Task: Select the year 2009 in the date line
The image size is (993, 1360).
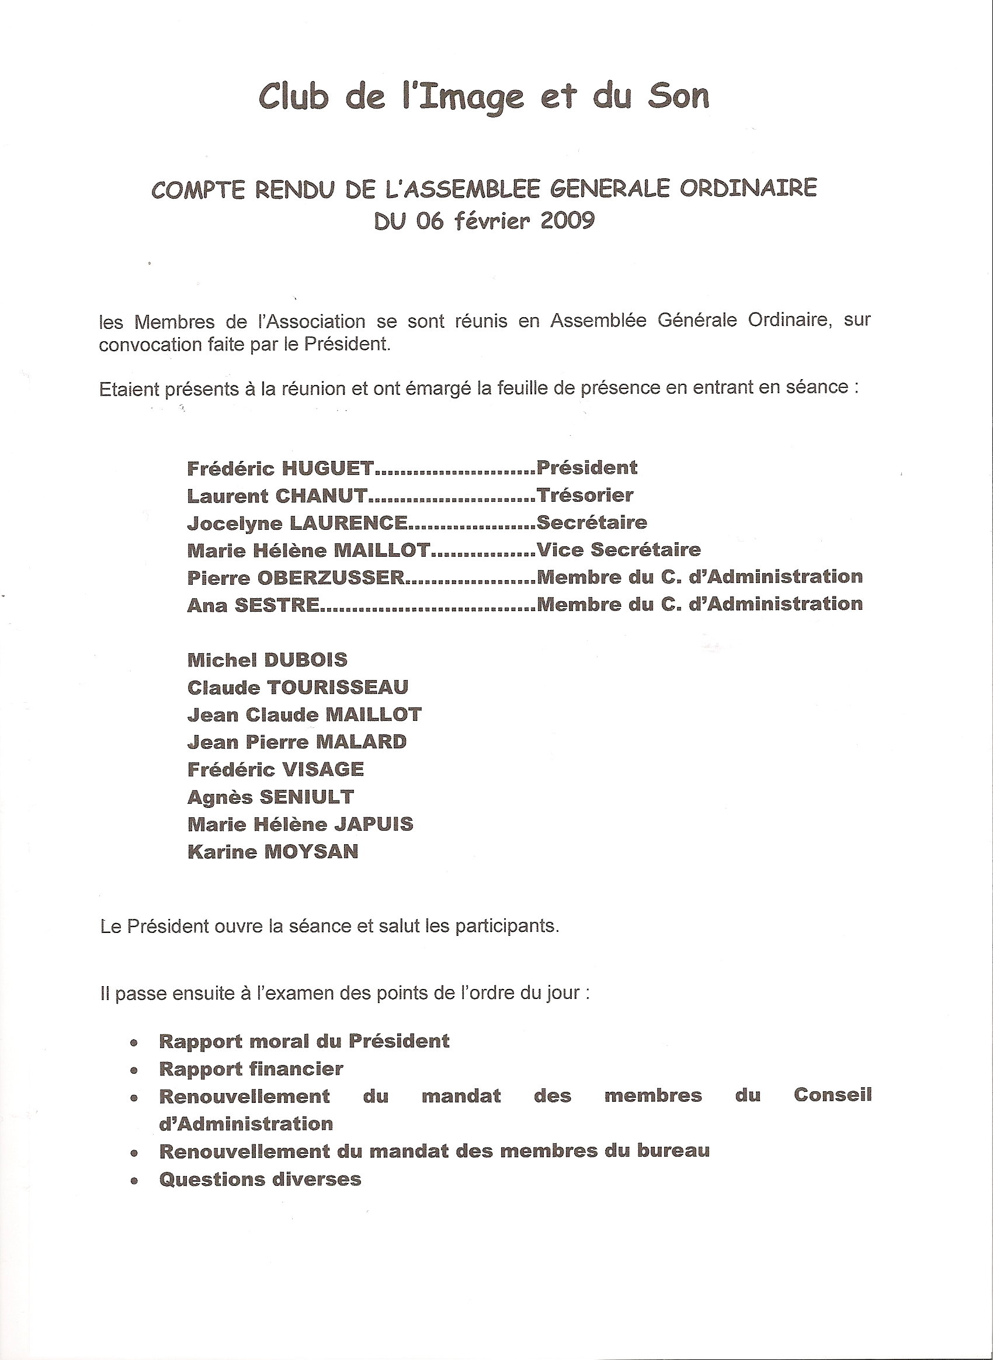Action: pyautogui.click(x=567, y=221)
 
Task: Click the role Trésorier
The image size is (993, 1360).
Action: pyautogui.click(x=585, y=495)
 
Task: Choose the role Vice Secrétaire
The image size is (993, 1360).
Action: pyautogui.click(x=619, y=550)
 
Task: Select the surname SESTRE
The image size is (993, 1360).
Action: pyautogui.click(x=276, y=605)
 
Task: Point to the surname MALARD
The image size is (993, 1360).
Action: pyautogui.click(x=365, y=742)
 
